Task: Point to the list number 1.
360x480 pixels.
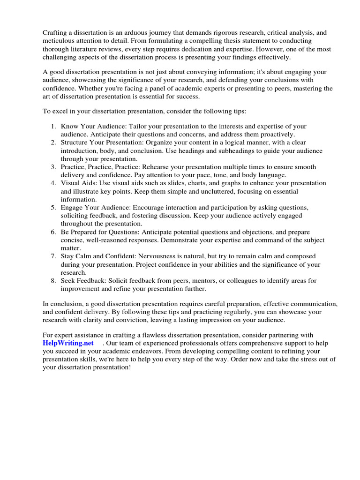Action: point(53,127)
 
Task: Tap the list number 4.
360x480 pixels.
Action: point(53,183)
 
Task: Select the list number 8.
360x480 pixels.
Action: point(53,280)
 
